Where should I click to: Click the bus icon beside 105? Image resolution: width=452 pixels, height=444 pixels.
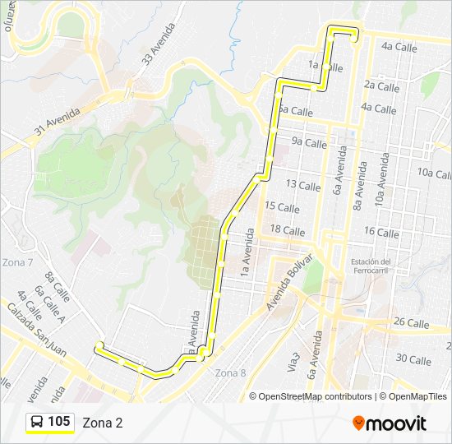[x=37, y=422]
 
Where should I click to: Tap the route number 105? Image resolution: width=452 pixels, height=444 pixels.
[x=58, y=422]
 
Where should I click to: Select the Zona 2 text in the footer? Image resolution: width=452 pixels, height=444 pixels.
[x=103, y=423]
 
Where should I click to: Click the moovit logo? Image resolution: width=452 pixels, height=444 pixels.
[x=390, y=423]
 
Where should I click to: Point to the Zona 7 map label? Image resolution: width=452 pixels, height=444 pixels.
[x=18, y=262]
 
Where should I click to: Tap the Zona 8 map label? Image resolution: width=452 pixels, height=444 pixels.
[x=230, y=372]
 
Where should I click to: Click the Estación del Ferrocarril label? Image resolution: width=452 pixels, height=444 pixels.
[x=370, y=266]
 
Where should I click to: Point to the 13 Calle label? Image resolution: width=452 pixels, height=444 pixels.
[x=303, y=186]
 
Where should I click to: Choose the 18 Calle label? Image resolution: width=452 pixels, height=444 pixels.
[x=288, y=230]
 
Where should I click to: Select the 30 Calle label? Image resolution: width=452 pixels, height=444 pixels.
[x=413, y=359]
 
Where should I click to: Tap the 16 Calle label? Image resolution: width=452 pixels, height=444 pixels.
[x=381, y=233]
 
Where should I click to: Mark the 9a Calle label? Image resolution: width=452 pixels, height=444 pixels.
[x=309, y=143]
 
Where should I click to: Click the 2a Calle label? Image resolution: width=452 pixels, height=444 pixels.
[x=381, y=86]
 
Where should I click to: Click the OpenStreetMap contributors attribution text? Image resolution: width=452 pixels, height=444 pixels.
[x=315, y=396]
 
